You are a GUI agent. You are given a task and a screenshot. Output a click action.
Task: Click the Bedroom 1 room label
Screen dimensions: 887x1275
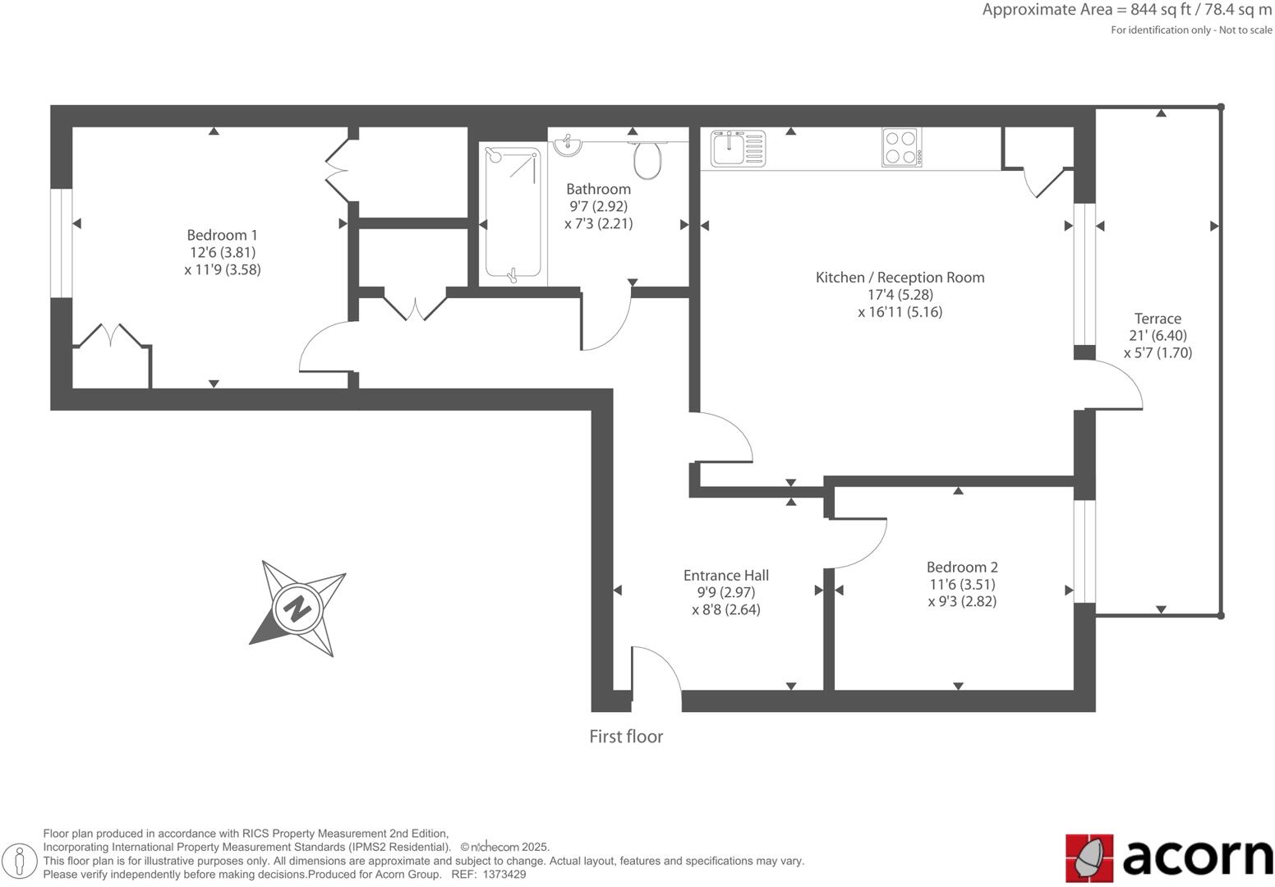click(x=222, y=236)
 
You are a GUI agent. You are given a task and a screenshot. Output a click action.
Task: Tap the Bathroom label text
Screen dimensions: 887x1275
click(x=598, y=189)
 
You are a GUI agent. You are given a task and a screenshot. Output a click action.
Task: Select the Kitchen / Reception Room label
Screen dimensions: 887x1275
click(x=900, y=278)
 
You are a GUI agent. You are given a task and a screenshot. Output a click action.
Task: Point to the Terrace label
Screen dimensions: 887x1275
click(x=1158, y=319)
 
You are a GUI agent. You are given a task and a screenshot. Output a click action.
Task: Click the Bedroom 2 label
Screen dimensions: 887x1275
click(x=962, y=567)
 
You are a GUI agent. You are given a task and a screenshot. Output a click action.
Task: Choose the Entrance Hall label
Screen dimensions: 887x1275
click(x=726, y=575)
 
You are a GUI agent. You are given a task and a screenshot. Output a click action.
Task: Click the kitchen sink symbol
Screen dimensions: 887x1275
click(x=737, y=149)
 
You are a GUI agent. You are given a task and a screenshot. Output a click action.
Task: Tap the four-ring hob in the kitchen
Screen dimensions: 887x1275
click(x=900, y=148)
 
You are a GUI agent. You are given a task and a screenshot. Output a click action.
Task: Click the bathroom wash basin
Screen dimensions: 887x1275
click(x=567, y=146)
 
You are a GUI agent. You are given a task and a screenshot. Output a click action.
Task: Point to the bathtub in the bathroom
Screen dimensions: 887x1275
click(x=513, y=214)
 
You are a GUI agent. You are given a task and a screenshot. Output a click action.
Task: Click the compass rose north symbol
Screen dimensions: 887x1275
click(x=297, y=609)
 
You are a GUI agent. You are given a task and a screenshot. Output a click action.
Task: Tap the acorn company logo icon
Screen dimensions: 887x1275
click(x=1089, y=858)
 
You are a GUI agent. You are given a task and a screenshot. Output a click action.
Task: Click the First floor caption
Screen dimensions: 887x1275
click(x=626, y=737)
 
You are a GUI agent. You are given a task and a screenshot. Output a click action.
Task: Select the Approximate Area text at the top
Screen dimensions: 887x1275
click(x=1126, y=11)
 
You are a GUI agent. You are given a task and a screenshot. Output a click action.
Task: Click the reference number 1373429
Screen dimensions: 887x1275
click(x=504, y=875)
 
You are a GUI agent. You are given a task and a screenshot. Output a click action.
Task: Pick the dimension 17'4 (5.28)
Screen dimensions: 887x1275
click(x=900, y=295)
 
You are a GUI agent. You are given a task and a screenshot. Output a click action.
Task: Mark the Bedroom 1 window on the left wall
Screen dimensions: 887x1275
click(x=61, y=243)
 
